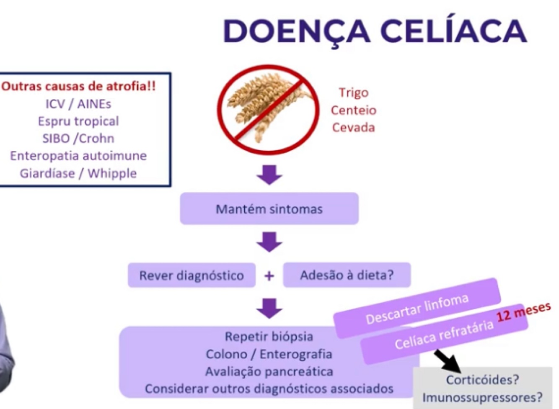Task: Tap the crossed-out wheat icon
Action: pos(269,110)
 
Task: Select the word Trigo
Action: pos(353,93)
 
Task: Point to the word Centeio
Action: pos(353,110)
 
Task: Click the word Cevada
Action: pos(353,127)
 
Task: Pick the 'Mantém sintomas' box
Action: pos(269,208)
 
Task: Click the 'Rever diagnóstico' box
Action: pos(192,275)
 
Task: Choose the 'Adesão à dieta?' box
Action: pos(347,275)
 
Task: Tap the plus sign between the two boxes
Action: pos(269,276)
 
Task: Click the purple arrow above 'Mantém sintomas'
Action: pos(269,175)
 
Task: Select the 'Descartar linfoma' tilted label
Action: pos(417,309)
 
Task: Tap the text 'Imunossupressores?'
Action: pos(482,397)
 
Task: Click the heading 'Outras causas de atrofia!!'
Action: pos(78,86)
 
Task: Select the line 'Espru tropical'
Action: pos(78,121)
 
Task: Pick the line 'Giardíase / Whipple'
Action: pos(78,173)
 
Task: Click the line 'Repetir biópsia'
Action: pos(269,336)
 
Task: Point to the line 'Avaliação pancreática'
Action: pos(269,371)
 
